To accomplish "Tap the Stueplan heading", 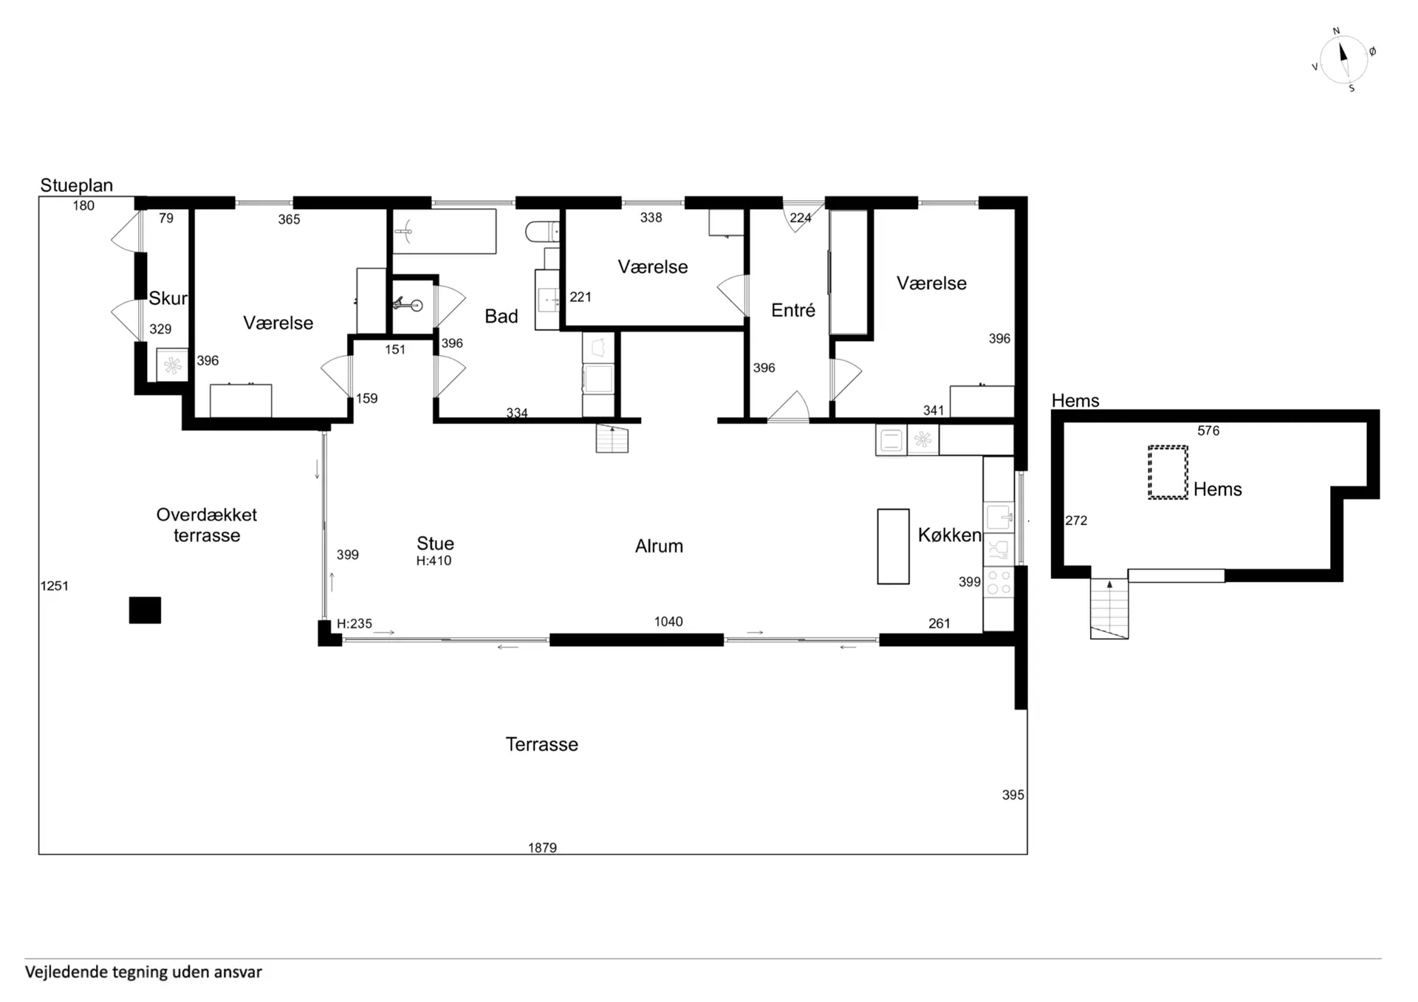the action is pos(77,185).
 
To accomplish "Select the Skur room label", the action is pos(168,298).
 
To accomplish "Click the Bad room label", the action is pos(501,316).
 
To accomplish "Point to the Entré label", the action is pos(793,310).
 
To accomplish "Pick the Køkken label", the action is pos(950,535).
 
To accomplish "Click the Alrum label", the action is pos(659,546).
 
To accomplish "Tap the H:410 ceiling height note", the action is pos(434,561).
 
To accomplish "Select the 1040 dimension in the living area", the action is pos(668,622).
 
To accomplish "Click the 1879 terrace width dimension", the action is pos(542,848).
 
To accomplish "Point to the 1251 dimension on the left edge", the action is pos(54,586).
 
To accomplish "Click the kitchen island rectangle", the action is pos(893,546).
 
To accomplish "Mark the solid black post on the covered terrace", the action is pos(145,610).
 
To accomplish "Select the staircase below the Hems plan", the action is pos(1109,608).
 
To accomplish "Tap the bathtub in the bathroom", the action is pos(444,232).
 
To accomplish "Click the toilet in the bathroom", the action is pos(542,232).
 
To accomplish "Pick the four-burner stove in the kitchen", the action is pos(999,583).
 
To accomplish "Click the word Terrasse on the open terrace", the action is pos(542,744).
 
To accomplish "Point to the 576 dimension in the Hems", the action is pos(1208,430).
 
